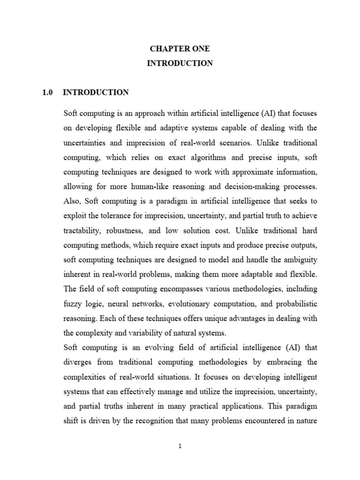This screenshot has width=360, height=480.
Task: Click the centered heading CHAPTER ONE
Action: pos(180,49)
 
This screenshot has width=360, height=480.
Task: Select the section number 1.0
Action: pos(48,92)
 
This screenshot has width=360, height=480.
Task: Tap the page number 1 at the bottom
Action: pos(180,446)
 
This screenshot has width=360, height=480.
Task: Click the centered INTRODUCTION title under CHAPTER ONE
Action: pos(180,63)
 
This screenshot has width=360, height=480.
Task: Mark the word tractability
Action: pos(83,230)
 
